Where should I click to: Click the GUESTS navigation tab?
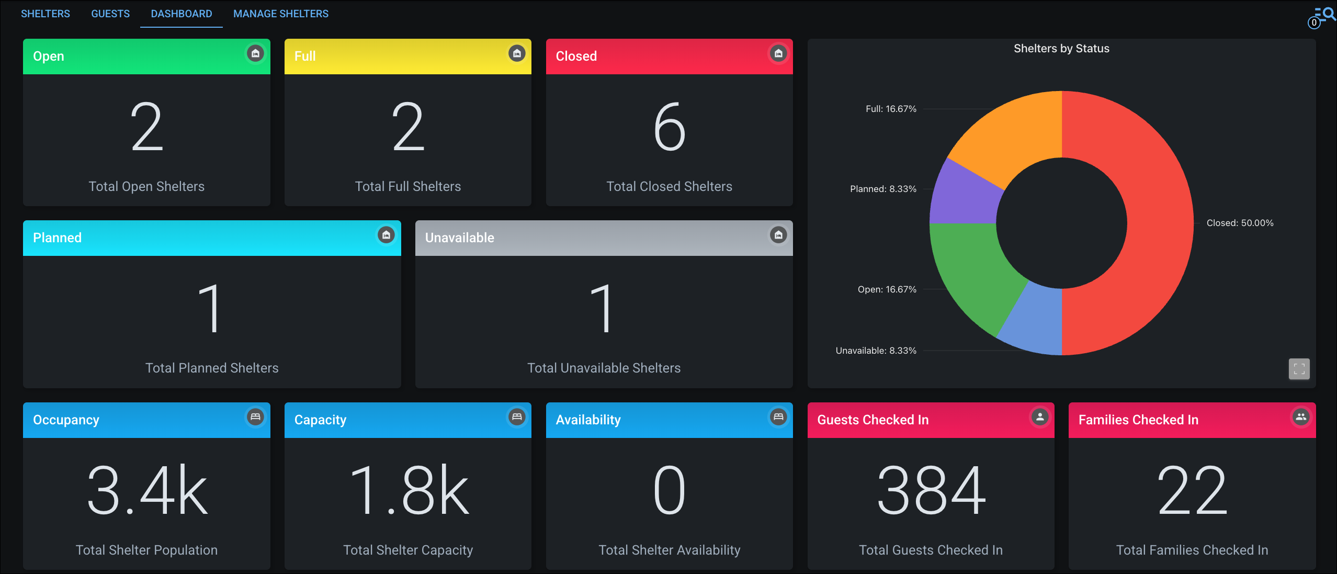coord(110,14)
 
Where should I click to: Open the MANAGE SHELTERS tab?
coord(281,14)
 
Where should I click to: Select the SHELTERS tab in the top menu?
coord(46,14)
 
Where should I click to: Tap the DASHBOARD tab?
coord(182,14)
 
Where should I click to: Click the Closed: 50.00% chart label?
coord(1240,223)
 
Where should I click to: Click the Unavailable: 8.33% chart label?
coord(876,351)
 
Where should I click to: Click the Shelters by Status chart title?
coord(1061,49)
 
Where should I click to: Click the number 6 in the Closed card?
coord(669,127)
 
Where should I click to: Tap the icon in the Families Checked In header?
coord(1301,417)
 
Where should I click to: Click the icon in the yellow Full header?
coord(517,53)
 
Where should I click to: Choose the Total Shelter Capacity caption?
coord(408,550)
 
